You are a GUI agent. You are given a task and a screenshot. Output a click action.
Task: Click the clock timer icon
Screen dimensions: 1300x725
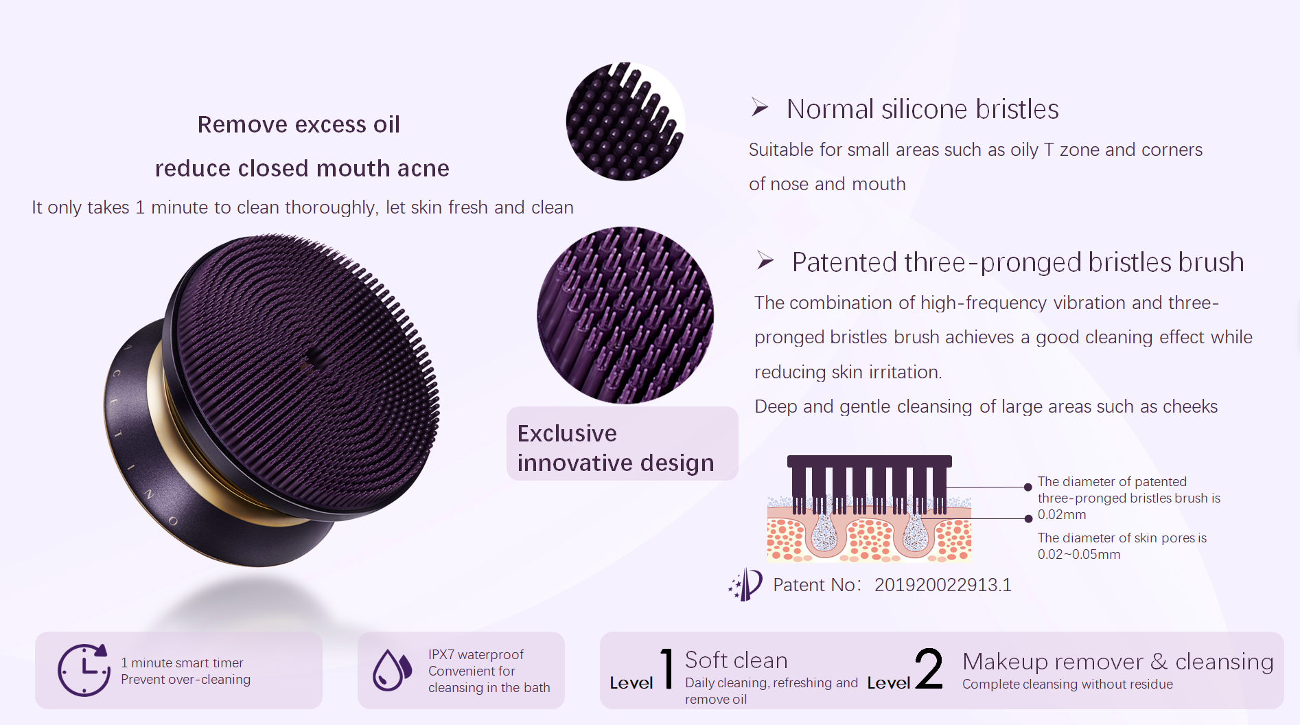[84, 670]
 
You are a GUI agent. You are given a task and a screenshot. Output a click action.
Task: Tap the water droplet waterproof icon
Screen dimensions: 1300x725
[392, 670]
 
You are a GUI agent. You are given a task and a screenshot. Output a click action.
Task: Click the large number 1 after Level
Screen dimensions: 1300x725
[666, 668]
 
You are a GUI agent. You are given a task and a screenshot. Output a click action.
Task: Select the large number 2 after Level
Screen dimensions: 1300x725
[929, 668]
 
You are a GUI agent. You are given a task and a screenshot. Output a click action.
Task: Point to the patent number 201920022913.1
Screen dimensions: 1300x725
[942, 585]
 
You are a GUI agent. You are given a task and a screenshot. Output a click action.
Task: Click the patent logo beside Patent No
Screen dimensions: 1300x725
[745, 584]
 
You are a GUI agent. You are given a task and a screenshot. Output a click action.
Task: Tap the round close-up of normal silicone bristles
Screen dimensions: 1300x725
[625, 122]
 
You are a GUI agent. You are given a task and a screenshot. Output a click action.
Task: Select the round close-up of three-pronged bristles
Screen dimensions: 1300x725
[625, 315]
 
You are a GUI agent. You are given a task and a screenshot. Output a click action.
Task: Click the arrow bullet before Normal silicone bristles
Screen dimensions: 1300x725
[759, 107]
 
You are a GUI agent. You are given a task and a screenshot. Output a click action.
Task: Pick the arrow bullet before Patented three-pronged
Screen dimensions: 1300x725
[765, 261]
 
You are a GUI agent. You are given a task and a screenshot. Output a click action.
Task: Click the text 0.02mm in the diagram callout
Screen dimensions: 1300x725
[1062, 515]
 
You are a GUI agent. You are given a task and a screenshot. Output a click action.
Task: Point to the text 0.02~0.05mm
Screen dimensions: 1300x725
[1079, 555]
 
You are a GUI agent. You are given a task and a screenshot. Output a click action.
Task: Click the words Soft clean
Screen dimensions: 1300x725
[736, 660]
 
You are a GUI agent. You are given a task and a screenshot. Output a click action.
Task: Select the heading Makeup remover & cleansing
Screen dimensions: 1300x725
[1118, 662]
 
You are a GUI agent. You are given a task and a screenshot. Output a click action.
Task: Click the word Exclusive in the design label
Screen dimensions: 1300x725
[567, 434]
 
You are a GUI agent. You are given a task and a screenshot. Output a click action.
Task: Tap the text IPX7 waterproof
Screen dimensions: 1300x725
[476, 655]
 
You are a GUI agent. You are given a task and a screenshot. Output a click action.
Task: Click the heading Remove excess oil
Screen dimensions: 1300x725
[299, 124]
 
